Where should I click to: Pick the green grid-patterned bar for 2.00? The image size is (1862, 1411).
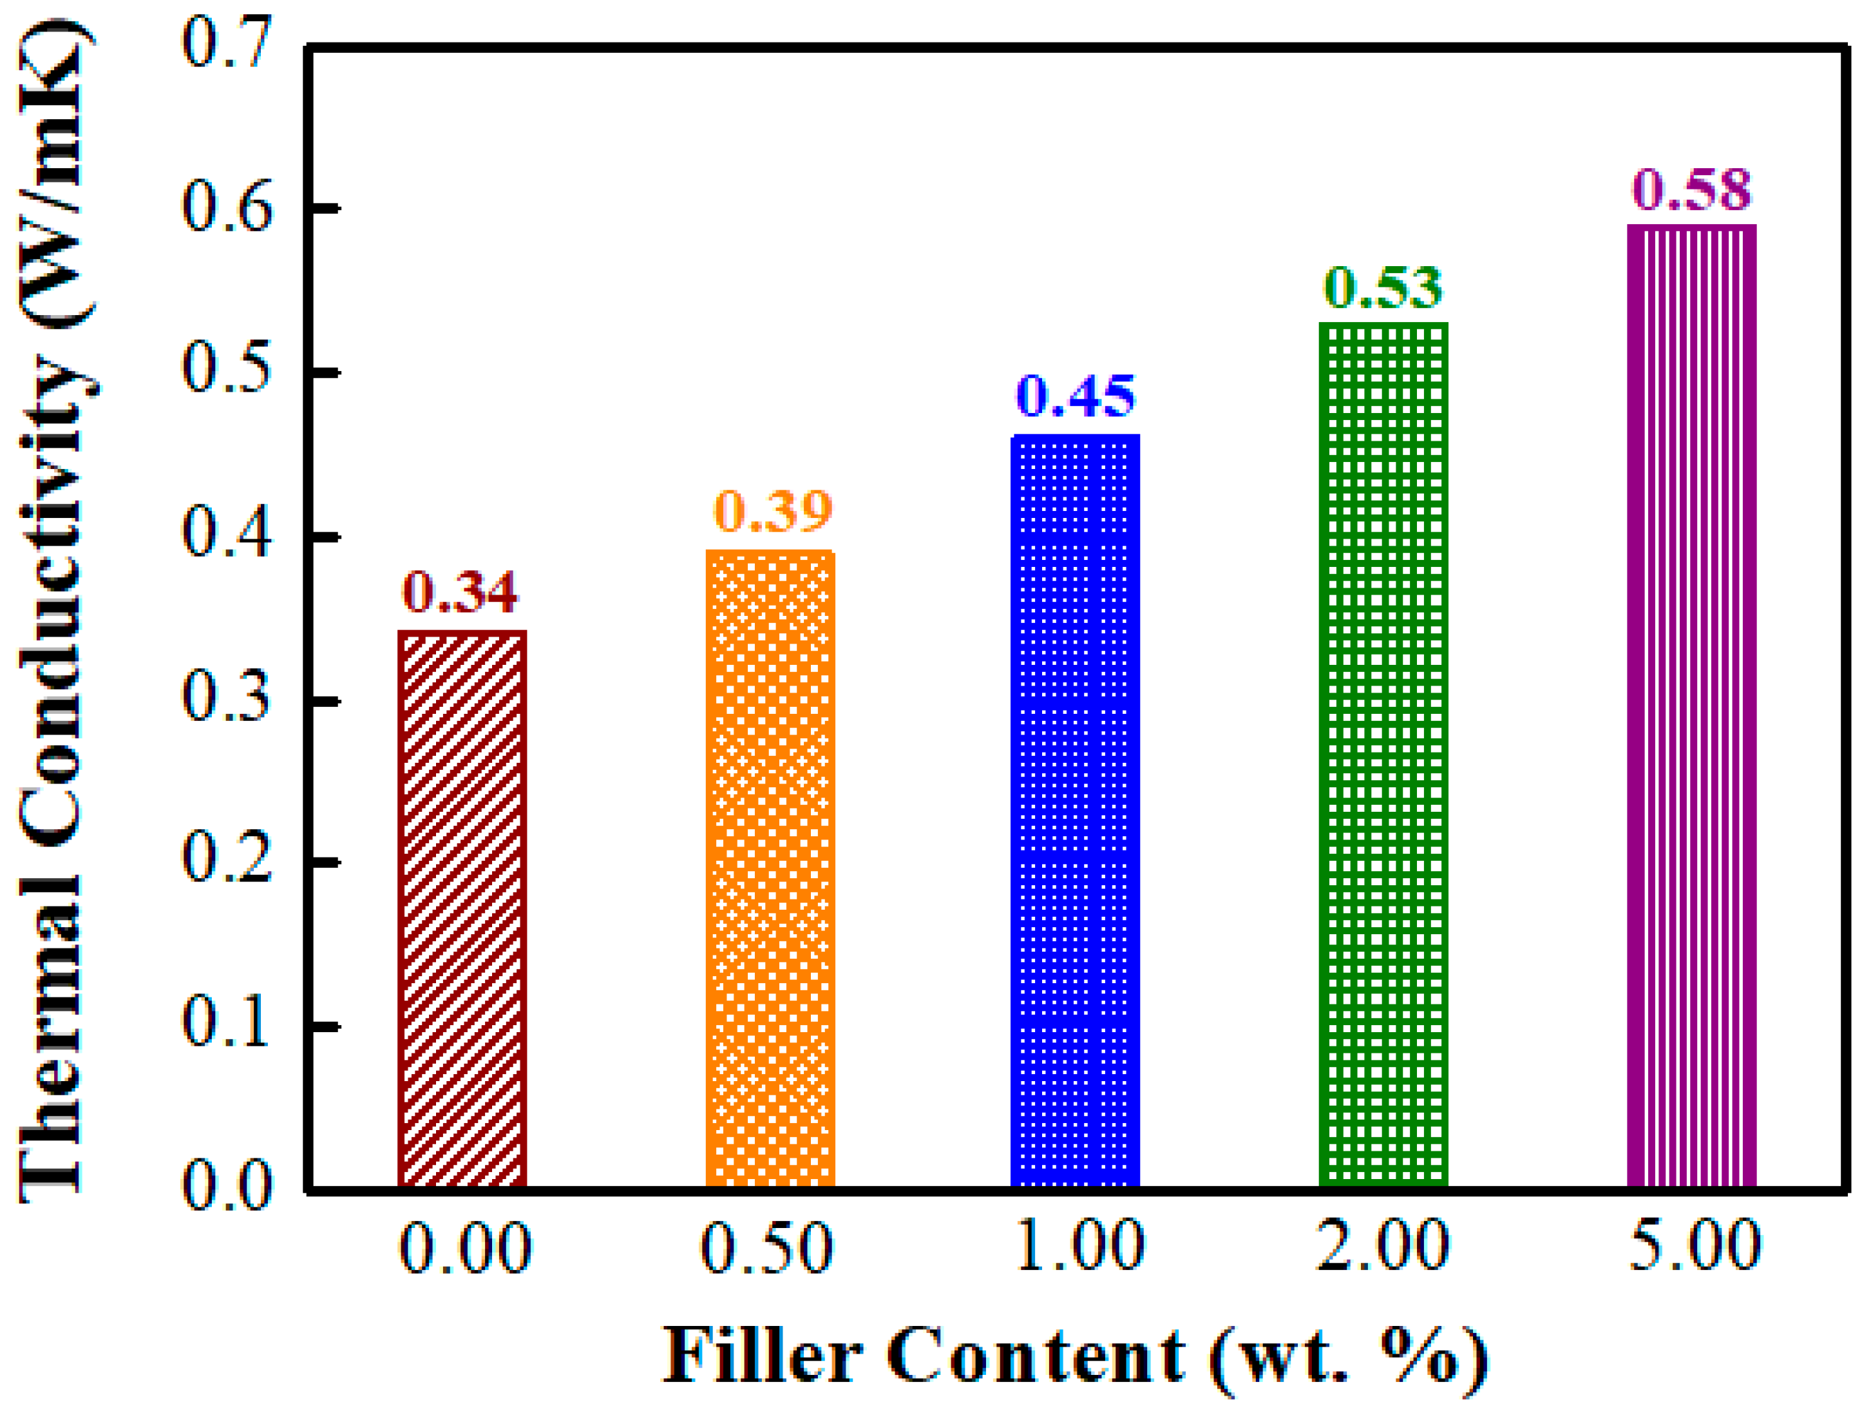point(1383,755)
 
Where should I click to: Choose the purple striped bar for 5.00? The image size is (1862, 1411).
point(1691,707)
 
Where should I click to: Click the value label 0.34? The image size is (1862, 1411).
point(460,592)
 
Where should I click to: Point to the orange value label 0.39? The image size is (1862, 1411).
point(773,510)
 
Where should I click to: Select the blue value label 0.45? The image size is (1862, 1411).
point(1076,396)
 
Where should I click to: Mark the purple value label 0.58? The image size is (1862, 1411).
point(1692,189)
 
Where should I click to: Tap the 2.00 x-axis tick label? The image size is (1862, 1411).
point(1383,1246)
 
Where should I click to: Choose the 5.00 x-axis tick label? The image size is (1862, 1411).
point(1695,1246)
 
